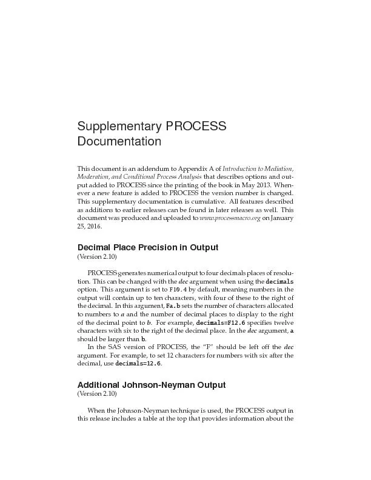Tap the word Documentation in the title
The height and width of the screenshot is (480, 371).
tap(119, 142)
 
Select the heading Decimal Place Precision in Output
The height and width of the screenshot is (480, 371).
tap(147, 247)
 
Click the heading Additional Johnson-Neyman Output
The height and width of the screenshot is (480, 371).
tap(151, 385)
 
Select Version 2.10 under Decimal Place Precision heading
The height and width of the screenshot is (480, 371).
tap(96, 257)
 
